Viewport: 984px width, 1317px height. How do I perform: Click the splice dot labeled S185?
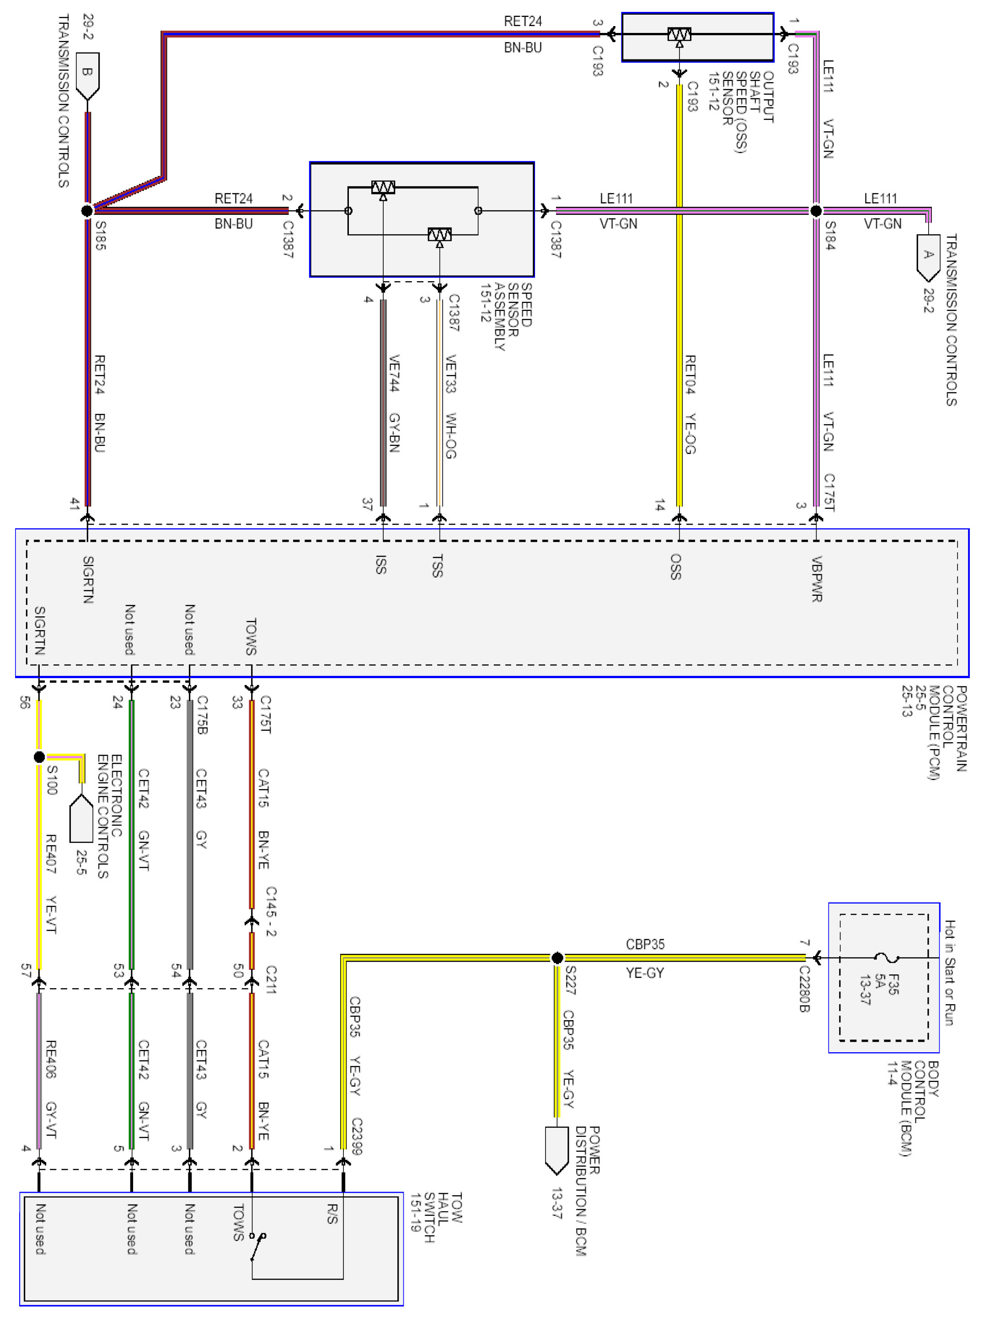pos(87,211)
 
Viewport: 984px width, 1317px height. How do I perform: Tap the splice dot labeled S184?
pos(816,211)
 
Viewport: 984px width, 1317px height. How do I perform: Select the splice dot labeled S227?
pos(557,958)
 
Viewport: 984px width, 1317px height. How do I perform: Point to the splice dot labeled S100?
pos(39,757)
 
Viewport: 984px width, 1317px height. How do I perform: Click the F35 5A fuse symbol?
pos(886,958)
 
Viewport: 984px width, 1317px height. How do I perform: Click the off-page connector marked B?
pos(87,75)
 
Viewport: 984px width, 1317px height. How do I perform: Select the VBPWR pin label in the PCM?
pos(817,579)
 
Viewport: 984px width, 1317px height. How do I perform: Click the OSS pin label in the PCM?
pos(676,566)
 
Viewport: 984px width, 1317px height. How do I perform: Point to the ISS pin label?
pos(381,564)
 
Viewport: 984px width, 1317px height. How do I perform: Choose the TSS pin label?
pos(438,566)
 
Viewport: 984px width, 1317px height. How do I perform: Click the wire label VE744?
pos(394,373)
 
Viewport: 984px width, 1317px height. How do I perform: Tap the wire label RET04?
pos(690,375)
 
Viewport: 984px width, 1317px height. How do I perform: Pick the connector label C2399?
pos(356,1136)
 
